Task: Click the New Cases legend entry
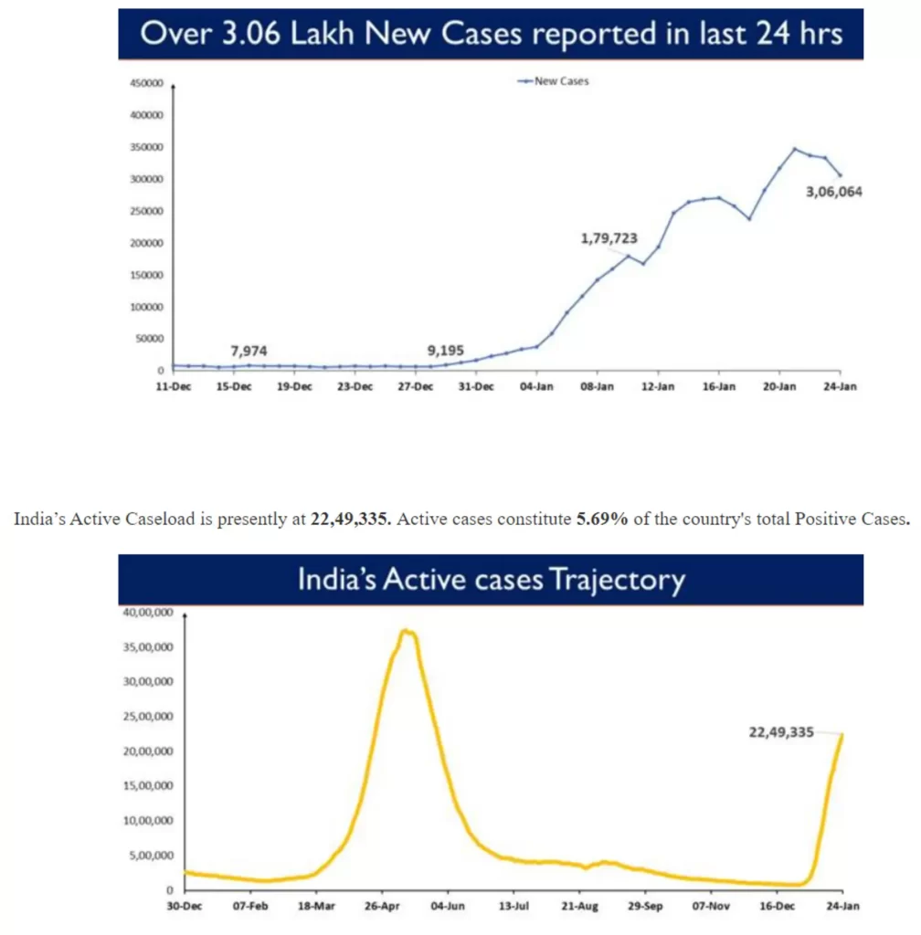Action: coord(554,81)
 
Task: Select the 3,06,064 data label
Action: coord(834,192)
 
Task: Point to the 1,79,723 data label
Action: coord(609,239)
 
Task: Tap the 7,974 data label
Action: coord(249,351)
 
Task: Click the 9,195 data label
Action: coord(446,351)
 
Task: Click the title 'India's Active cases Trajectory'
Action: coord(491,580)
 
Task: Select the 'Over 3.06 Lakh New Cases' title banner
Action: coord(491,35)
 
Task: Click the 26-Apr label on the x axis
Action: coord(382,907)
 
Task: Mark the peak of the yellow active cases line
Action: coord(407,631)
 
